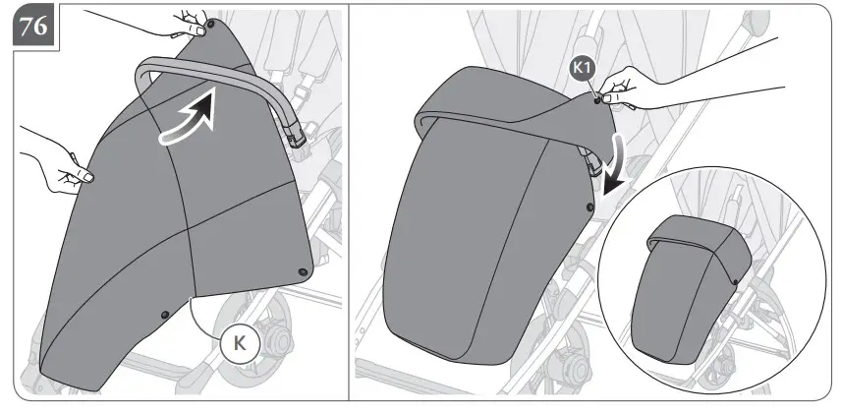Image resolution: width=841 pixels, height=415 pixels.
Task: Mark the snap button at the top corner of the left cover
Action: [202, 30]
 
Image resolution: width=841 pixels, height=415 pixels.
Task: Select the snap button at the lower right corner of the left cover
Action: [303, 270]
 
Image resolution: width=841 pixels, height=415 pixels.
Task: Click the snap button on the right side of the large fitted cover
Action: [589, 207]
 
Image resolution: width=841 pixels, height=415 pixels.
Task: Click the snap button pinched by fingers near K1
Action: [597, 97]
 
